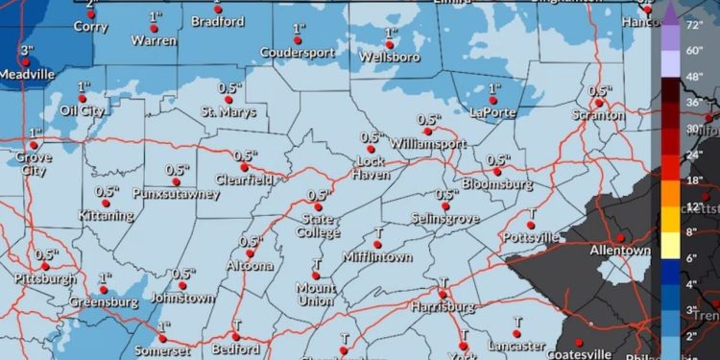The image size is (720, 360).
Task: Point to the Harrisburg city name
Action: pyautogui.click(x=443, y=306)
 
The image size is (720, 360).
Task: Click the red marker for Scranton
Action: pyautogui.click(x=599, y=101)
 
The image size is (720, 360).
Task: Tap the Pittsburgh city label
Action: pyautogui.click(x=45, y=279)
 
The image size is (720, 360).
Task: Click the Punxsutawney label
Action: pyautogui.click(x=177, y=194)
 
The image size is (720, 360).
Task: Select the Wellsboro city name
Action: pyautogui.click(x=391, y=57)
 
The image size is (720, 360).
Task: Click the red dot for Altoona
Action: pyautogui.click(x=251, y=253)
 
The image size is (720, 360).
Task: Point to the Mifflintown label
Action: pyautogui.click(x=377, y=257)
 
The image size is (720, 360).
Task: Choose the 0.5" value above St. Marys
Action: pyautogui.click(x=229, y=87)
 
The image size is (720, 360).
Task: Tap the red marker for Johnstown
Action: pyautogui.click(x=181, y=286)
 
